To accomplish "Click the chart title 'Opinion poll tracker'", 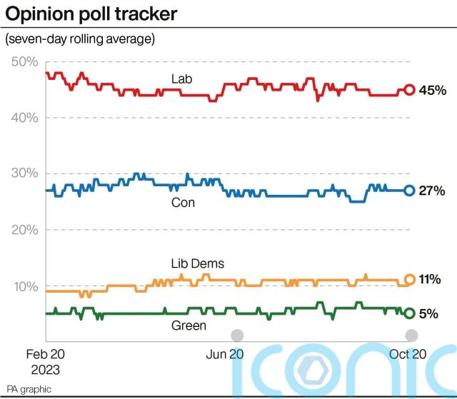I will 91,14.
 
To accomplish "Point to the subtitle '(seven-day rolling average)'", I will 80,39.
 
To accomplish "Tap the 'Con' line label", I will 183,203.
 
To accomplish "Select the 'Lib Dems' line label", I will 197,264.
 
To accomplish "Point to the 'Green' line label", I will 189,326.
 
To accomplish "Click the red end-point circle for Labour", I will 409,89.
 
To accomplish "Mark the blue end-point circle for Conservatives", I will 409,191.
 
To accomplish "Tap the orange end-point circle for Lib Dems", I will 409,280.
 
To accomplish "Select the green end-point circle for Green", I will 409,313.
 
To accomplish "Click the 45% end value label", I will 432,90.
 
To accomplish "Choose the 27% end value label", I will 432,191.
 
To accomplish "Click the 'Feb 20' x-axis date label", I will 46,355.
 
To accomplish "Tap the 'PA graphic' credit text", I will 29,390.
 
